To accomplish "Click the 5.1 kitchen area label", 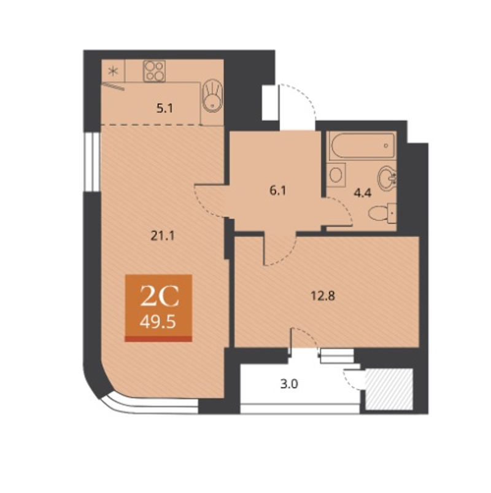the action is coord(164,109).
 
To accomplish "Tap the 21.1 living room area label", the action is coord(163,236).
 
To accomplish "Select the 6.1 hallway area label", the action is coord(278,190).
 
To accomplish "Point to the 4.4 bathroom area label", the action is coord(363,193).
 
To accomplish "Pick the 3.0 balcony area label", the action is coord(289,384).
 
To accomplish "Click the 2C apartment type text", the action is coord(160,296).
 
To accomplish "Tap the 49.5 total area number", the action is coord(158,322).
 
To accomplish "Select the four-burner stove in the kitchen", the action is coord(154,71).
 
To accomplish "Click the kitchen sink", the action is coord(213,95).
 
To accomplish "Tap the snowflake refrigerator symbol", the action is coord(113,72).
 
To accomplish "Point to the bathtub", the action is coord(361,146).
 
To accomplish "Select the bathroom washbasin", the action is coord(387,178).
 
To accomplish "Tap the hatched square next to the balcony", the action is coord(389,389).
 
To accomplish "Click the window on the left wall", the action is coord(92,161).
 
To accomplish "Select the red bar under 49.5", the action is coord(158,339).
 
